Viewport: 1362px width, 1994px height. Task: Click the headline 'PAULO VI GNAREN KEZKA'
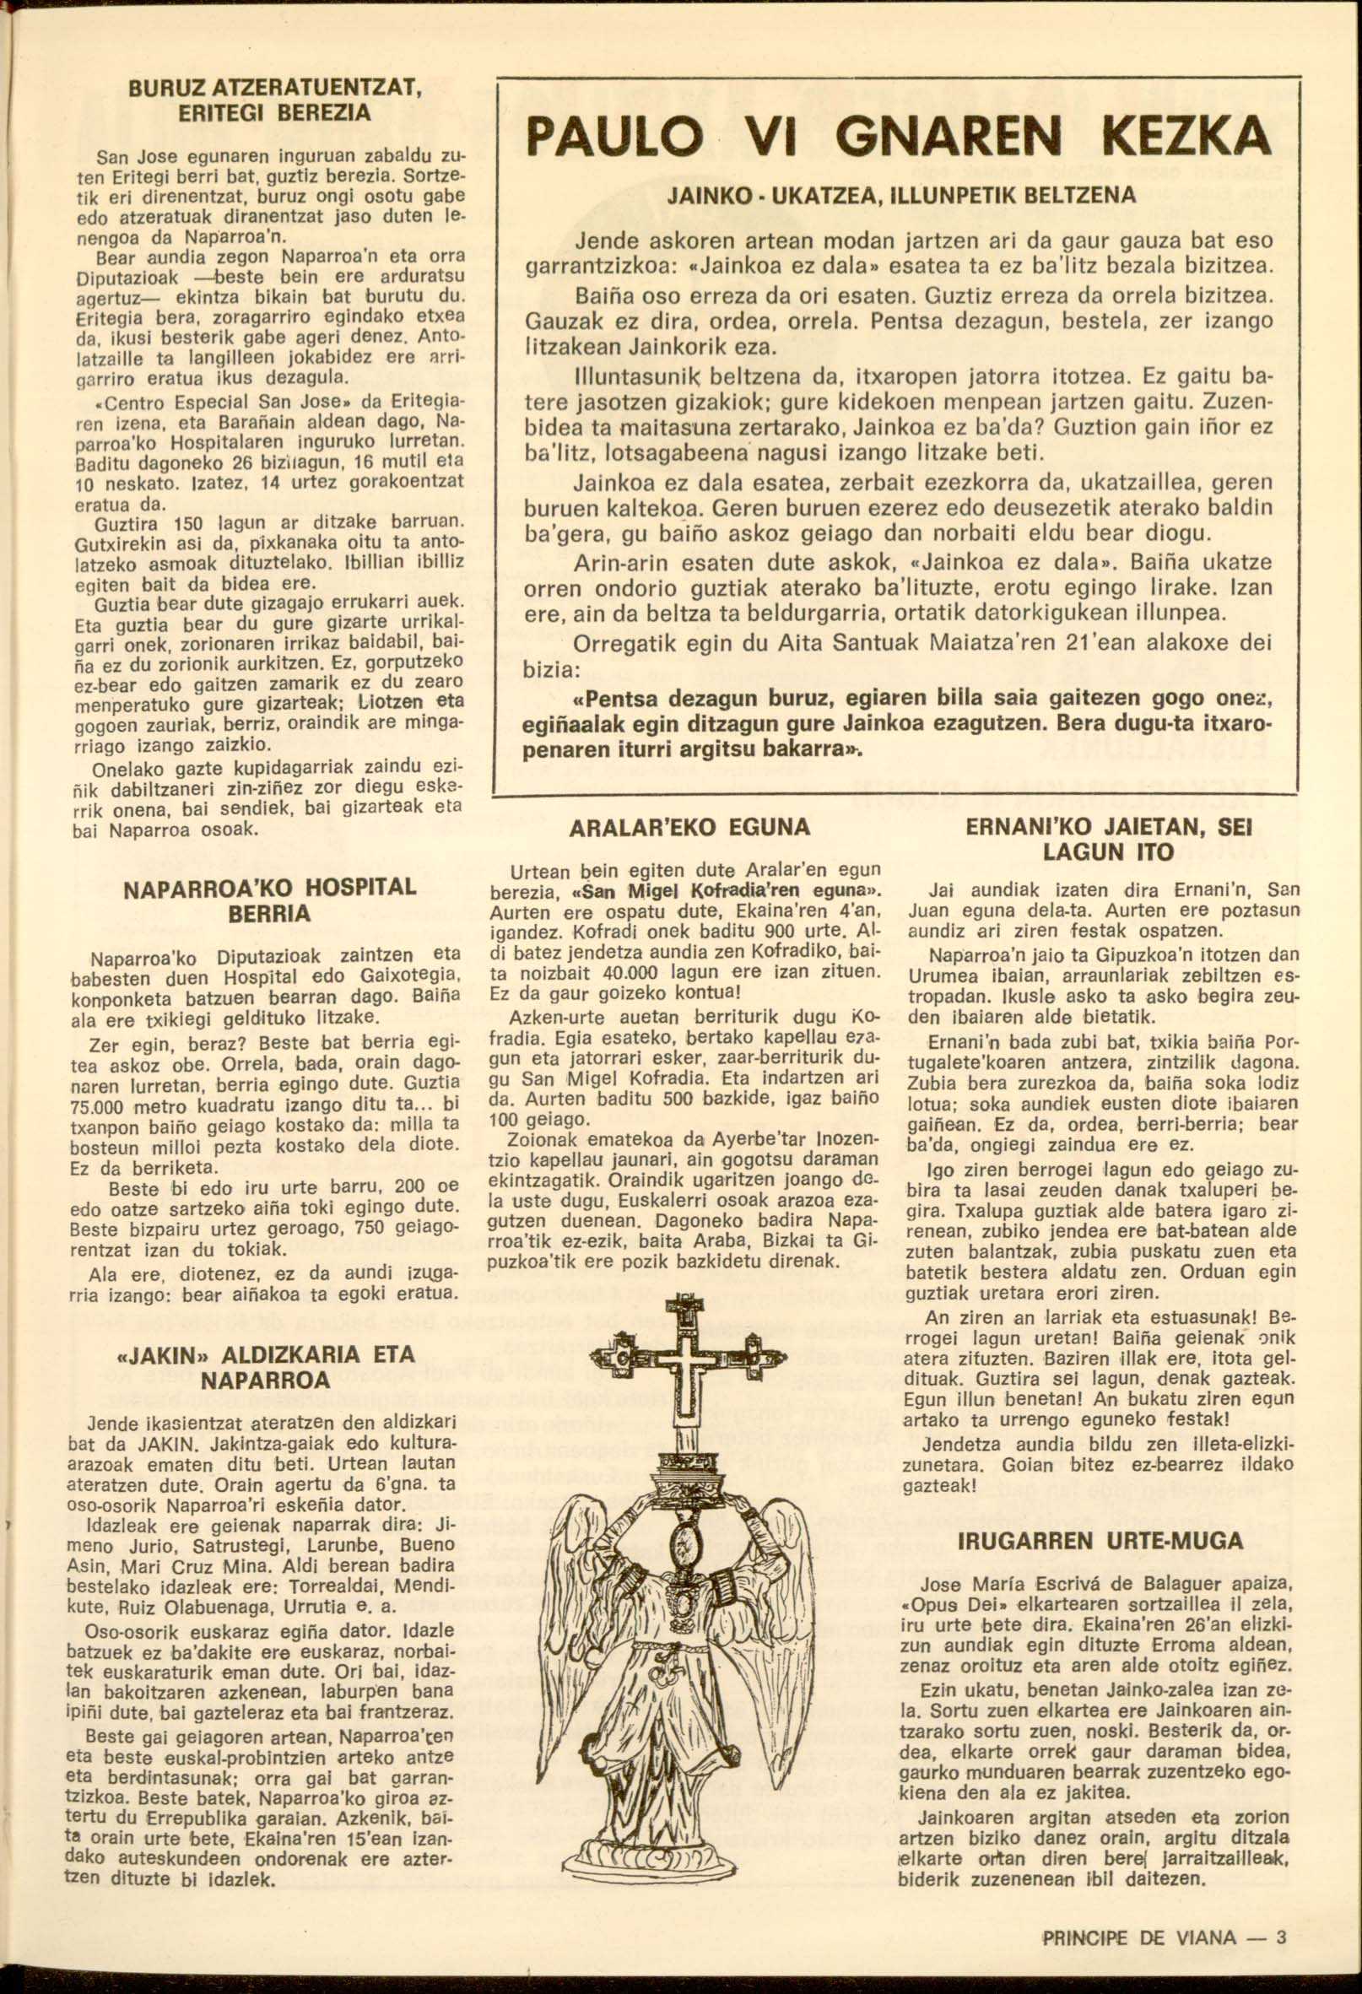tap(897, 137)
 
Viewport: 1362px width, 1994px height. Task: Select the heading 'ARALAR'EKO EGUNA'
tap(689, 828)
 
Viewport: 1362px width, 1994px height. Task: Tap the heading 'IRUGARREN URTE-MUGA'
tap(1100, 1541)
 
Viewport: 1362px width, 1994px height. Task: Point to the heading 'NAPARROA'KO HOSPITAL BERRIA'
tap(269, 900)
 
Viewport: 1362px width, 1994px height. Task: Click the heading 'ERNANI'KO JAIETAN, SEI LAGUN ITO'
tap(1109, 840)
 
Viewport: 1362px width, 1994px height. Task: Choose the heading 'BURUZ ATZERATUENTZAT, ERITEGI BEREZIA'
tap(273, 100)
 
